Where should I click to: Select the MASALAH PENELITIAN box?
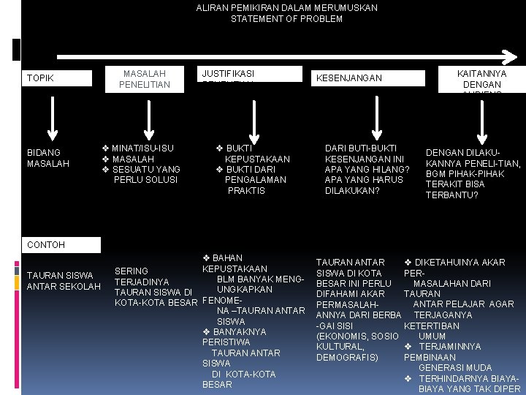(145, 79)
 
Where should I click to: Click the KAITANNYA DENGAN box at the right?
(481, 79)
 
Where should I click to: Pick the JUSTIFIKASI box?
(251, 74)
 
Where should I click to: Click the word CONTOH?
(45, 244)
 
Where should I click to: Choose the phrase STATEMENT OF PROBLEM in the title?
(286, 18)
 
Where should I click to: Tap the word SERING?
(131, 271)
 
